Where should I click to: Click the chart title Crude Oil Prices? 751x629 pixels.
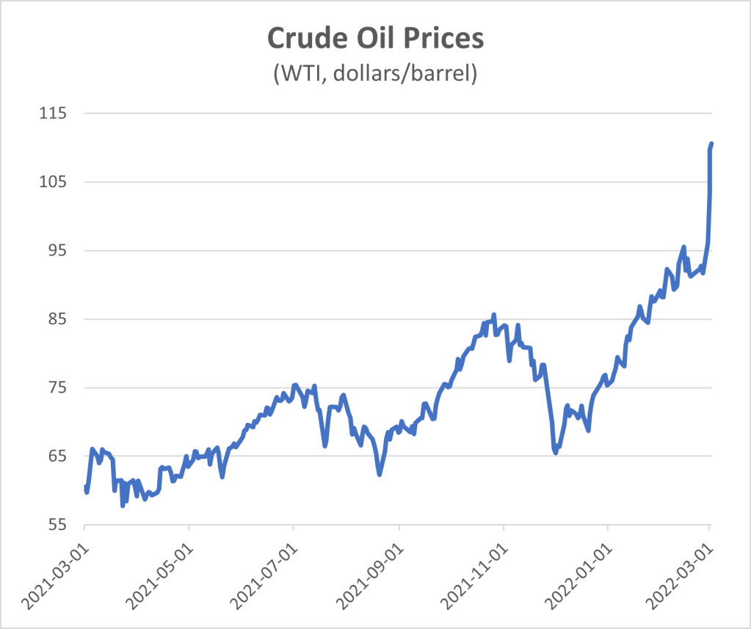click(x=375, y=38)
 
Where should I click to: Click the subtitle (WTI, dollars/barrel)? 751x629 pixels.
click(x=375, y=73)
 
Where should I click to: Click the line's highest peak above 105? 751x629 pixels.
click(x=711, y=144)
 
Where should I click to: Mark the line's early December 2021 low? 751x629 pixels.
click(x=556, y=452)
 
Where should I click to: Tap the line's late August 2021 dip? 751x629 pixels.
click(x=380, y=474)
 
